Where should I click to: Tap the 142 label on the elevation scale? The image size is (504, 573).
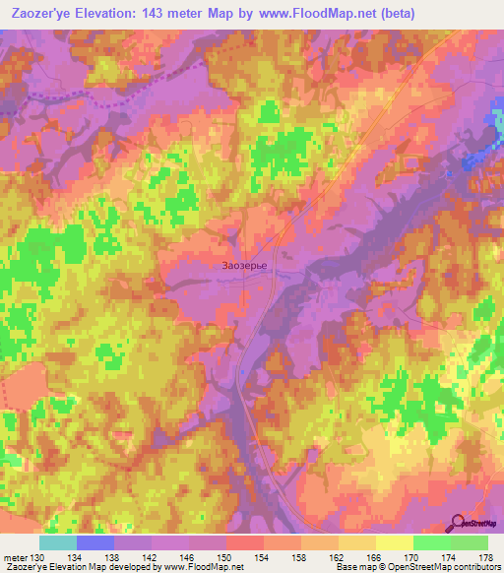point(151,557)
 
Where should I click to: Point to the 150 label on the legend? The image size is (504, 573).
point(225,557)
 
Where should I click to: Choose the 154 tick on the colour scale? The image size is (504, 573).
point(263,557)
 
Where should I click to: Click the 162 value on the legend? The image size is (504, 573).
point(338,557)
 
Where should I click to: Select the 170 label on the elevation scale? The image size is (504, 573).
point(412,557)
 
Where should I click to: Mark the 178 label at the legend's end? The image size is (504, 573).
point(486,557)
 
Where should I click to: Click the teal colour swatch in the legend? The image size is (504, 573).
point(57,542)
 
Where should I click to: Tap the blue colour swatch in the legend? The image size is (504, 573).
point(94,542)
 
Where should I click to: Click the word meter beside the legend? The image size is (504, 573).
point(13,557)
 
